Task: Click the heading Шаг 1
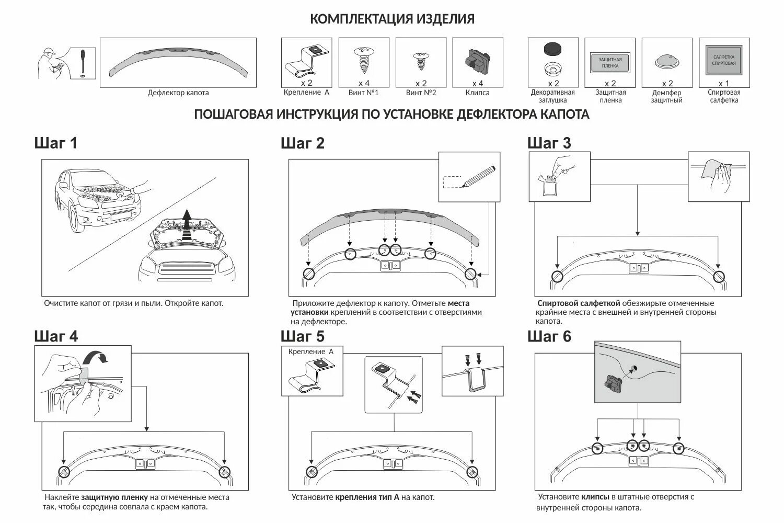56,143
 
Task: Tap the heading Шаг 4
56,336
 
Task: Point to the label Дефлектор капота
178,93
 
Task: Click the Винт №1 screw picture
363,60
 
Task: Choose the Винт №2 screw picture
420,61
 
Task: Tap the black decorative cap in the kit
552,50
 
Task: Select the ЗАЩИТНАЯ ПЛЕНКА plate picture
610,63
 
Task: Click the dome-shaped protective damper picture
667,62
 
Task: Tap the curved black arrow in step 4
98,357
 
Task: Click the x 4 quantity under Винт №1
364,83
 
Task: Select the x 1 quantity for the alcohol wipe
723,83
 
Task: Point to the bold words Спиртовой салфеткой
579,303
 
